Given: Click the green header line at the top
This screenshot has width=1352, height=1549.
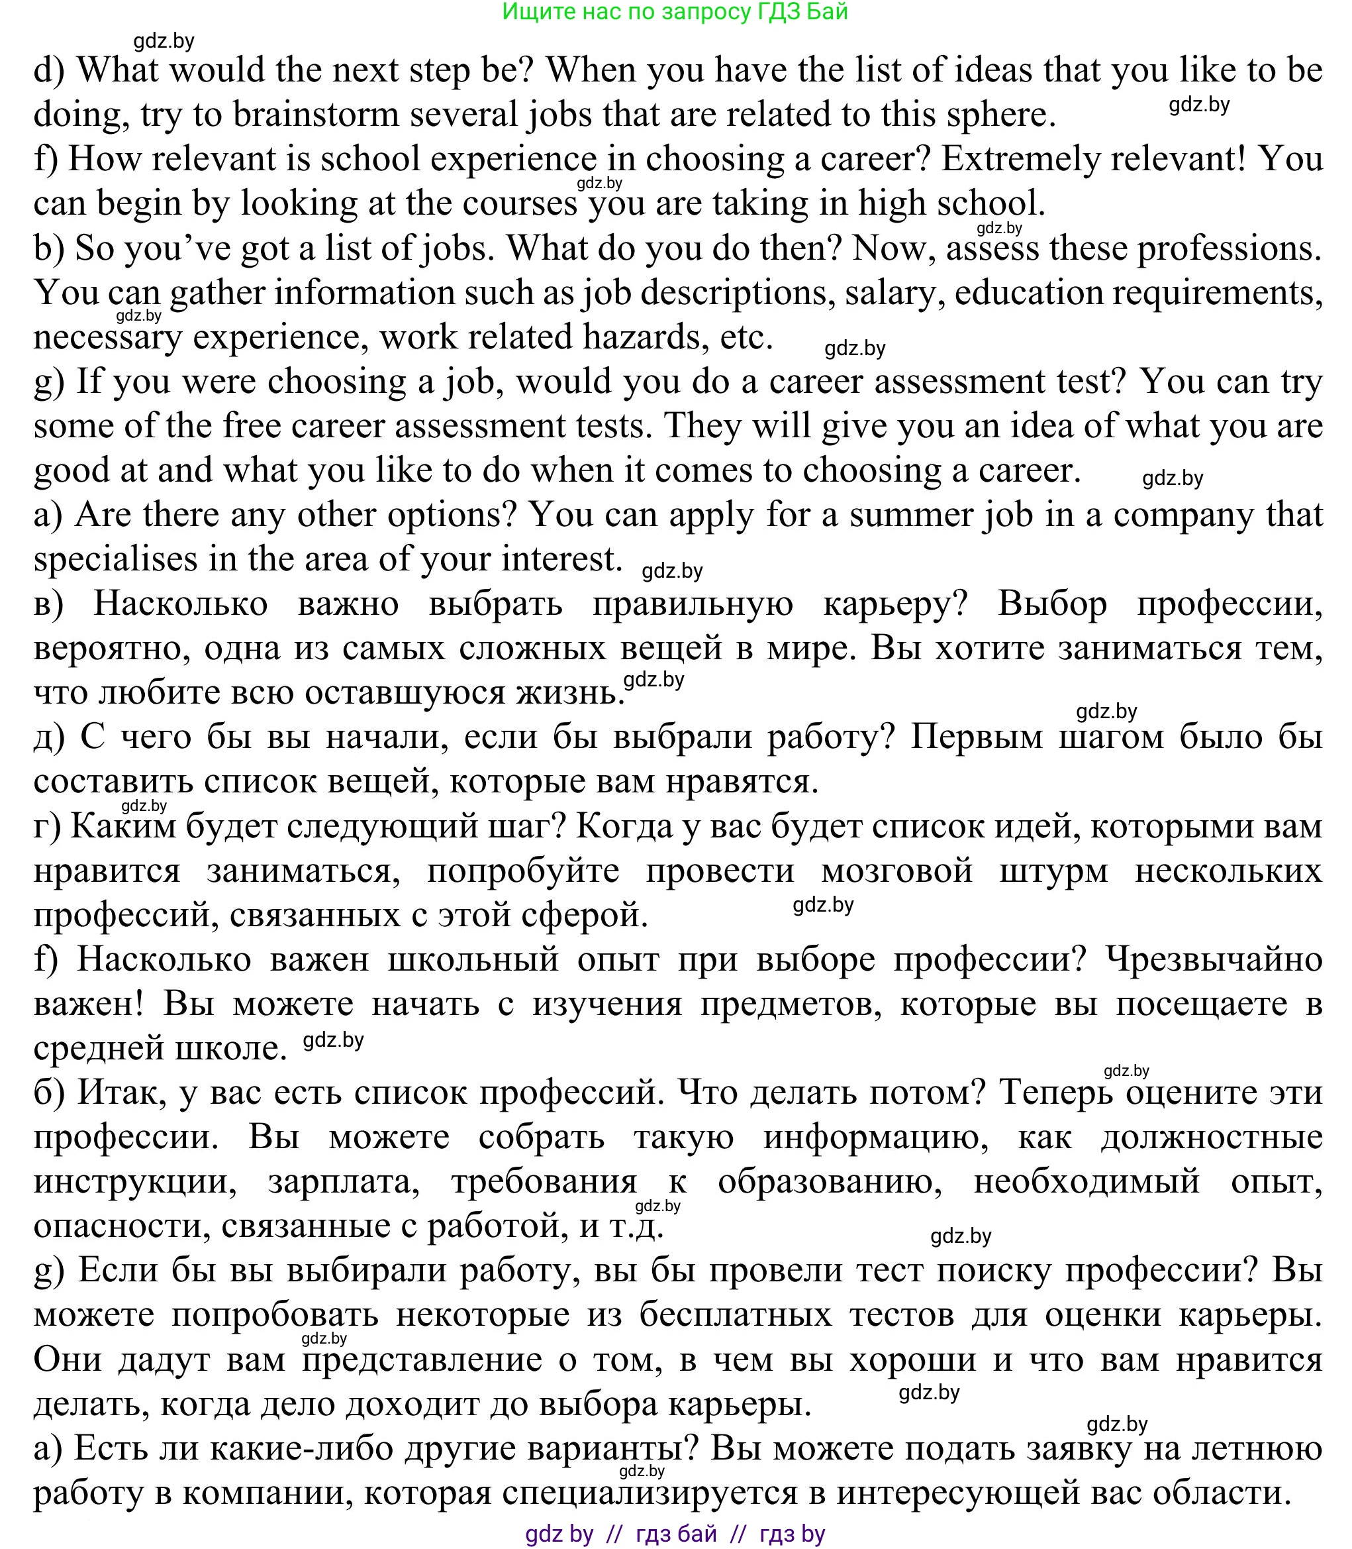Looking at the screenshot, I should click(x=675, y=12).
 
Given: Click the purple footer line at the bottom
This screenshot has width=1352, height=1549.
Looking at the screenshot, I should click(x=675, y=1534).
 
